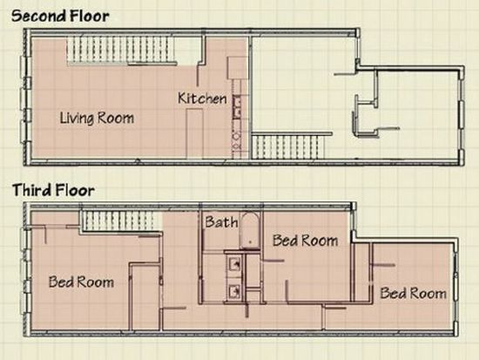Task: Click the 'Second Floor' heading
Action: pos(60,16)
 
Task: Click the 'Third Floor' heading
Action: pos(53,190)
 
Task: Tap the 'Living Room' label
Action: pos(97,118)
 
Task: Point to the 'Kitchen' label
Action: pos(202,98)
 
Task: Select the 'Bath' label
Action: pos(221,221)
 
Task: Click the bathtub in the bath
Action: pos(250,231)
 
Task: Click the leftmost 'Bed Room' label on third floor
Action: pos(81,282)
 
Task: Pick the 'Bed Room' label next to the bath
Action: pos(305,241)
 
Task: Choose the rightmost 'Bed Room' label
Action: pos(413,294)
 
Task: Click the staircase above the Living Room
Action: pos(120,51)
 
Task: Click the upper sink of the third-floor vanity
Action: pos(234,263)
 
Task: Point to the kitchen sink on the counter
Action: pos(237,107)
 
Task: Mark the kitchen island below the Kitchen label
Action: pos(194,133)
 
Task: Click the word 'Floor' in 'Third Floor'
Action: pos(74,190)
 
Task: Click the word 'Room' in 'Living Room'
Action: pos(116,118)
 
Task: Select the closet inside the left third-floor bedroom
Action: pos(145,296)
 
